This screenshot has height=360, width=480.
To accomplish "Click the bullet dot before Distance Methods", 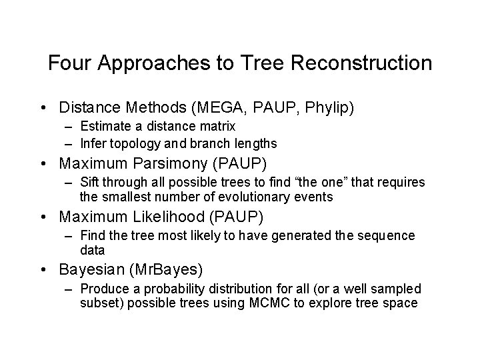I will tap(43, 107).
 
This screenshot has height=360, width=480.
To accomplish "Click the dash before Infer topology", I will tap(70, 143).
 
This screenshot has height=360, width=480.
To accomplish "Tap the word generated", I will tap(287, 236).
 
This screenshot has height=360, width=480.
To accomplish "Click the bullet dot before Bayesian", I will tap(43, 270).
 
